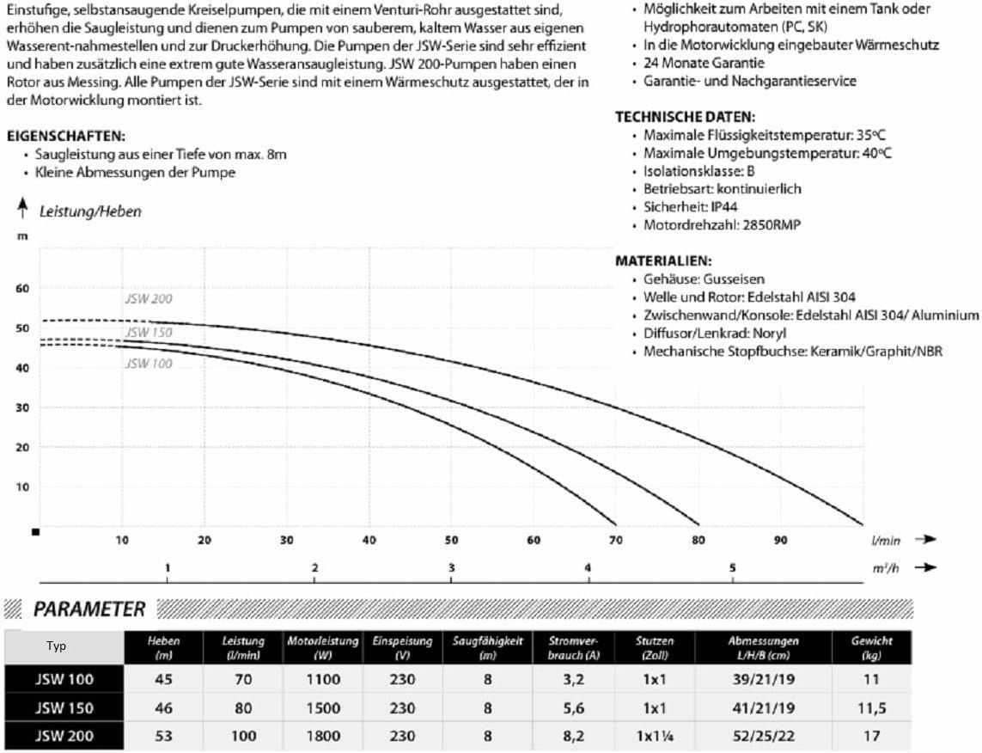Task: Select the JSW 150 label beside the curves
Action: click(148, 333)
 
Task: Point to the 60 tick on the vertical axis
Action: click(22, 288)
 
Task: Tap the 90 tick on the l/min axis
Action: click(780, 540)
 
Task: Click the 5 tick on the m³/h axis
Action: click(733, 568)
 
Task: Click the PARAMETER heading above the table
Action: click(88, 609)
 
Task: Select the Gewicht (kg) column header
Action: click(871, 647)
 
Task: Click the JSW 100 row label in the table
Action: click(64, 680)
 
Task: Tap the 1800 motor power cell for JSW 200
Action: click(324, 737)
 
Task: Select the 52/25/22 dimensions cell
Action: click(764, 737)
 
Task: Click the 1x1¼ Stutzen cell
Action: click(656, 737)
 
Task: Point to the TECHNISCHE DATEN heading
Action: click(685, 117)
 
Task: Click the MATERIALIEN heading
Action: click(663, 260)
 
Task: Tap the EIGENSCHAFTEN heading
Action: click(65, 137)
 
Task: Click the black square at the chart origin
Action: click(35, 532)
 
